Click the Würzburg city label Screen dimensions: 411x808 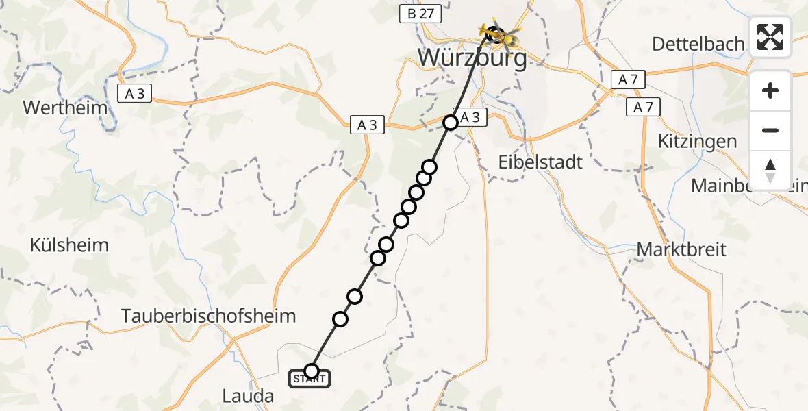click(x=472, y=58)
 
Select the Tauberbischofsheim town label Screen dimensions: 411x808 click(x=209, y=316)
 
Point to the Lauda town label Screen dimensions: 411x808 click(x=248, y=395)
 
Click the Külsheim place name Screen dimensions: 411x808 click(x=69, y=245)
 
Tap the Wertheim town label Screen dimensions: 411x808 click(x=66, y=108)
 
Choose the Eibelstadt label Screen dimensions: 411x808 click(x=541, y=162)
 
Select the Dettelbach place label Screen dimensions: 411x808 click(x=698, y=45)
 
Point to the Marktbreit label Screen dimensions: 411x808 click(x=681, y=249)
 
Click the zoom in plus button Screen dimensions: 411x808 click(x=770, y=90)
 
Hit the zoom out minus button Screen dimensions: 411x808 click(x=770, y=130)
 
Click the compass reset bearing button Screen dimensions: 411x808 click(x=770, y=171)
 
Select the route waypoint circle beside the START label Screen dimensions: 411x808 click(x=312, y=371)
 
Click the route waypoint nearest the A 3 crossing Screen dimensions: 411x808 click(x=451, y=123)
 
